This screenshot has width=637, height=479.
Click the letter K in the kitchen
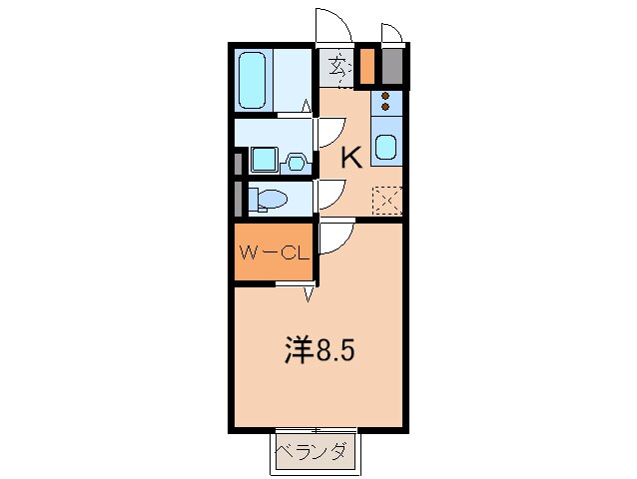(x=350, y=157)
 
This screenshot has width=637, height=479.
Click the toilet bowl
(x=268, y=199)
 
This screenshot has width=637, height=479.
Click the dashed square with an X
(x=386, y=200)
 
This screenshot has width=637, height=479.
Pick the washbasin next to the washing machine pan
(x=297, y=161)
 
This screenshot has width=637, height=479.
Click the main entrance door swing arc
(x=332, y=28)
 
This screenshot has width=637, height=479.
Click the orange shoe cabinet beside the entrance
(x=366, y=66)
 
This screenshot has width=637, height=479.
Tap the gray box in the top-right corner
(x=392, y=66)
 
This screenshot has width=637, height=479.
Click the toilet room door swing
(x=329, y=194)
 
